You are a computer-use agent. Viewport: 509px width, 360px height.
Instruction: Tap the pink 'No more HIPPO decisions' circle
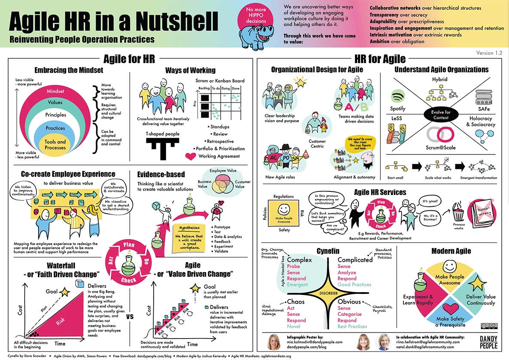pyautogui.click(x=256, y=17)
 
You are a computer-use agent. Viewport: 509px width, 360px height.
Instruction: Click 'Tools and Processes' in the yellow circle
pyautogui.click(x=55, y=145)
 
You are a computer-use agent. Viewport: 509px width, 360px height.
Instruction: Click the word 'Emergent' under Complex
pyautogui.click(x=297, y=285)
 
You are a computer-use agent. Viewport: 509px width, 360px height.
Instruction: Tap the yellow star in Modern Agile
pyautogui.click(x=476, y=284)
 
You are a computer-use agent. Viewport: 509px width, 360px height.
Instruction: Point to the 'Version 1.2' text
pyautogui.click(x=489, y=53)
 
